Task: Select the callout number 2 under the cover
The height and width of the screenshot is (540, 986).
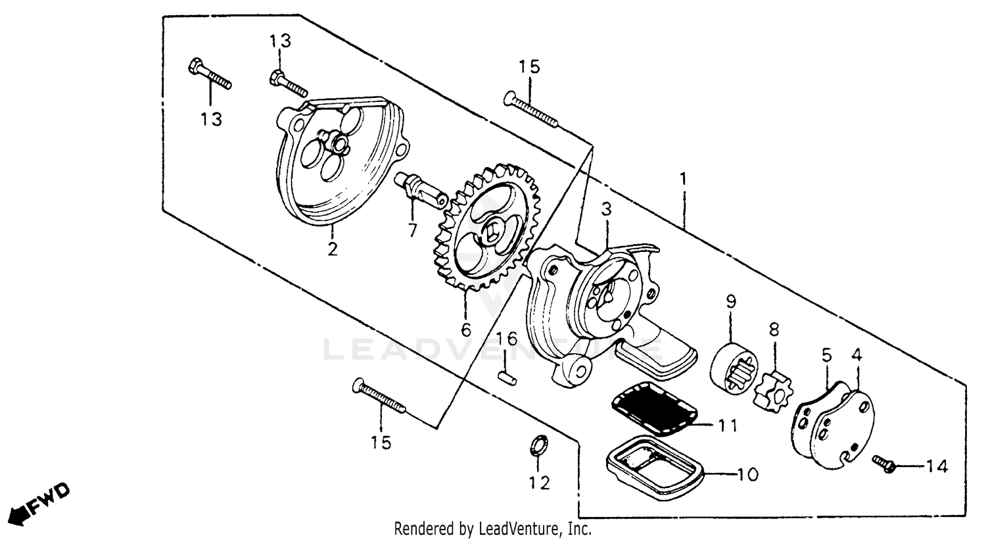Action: click(x=333, y=249)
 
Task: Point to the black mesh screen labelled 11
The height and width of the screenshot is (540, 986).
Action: click(x=654, y=412)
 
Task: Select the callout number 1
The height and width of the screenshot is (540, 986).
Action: click(x=684, y=180)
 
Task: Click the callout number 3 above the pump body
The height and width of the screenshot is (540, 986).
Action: click(x=606, y=210)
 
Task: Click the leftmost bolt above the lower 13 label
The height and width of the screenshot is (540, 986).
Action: click(x=210, y=75)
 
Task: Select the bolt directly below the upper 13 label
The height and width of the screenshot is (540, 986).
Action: click(x=288, y=84)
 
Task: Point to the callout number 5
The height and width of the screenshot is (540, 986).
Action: click(x=826, y=355)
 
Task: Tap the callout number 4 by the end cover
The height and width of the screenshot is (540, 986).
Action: click(x=857, y=355)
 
